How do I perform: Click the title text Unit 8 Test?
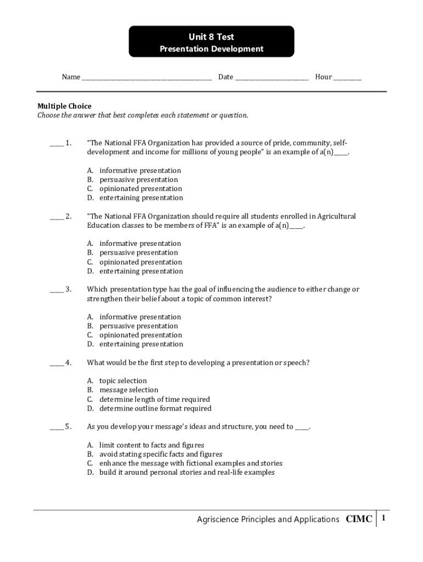tap(211, 37)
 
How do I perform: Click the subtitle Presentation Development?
tap(211, 49)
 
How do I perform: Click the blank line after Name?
tap(147, 77)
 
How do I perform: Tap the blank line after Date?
tap(272, 77)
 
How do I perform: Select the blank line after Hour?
tap(347, 77)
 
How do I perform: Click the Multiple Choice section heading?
tap(64, 106)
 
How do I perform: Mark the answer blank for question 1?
tap(56, 144)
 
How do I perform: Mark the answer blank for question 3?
tap(56, 290)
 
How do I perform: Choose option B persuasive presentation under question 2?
tap(138, 252)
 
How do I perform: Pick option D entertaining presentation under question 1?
tap(141, 198)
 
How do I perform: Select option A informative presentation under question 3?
tap(140, 317)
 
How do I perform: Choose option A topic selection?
tap(123, 381)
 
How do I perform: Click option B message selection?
tap(128, 390)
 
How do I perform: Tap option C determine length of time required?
tap(154, 399)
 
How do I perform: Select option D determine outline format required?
tap(155, 408)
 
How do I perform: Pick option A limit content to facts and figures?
tap(152, 445)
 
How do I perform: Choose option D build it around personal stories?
tap(187, 472)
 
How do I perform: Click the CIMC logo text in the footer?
tap(359, 519)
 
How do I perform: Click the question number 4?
tap(68, 363)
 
